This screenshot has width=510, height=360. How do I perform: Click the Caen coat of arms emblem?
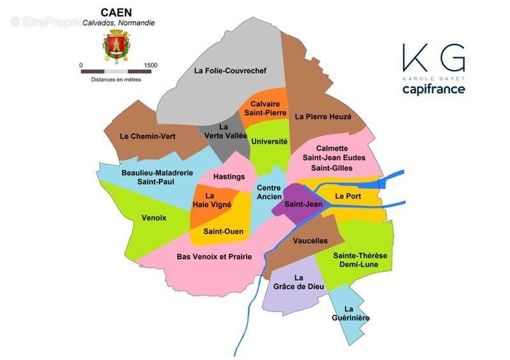pos(116,45)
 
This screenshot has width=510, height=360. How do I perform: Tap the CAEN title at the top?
pos(117,12)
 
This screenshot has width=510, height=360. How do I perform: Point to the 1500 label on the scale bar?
pos(150,65)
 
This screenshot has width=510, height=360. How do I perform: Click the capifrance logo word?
pos(433,89)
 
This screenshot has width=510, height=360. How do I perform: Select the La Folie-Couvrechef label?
pos(230,71)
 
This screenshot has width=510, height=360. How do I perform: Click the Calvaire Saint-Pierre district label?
pos(265,108)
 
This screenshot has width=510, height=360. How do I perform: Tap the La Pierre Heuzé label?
pos(323,117)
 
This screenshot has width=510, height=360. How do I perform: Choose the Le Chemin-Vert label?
pos(147,136)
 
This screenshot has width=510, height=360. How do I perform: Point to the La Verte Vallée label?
pos(225,131)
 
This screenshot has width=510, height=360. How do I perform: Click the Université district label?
pos(270,141)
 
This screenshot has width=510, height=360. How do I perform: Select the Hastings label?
pos(229,176)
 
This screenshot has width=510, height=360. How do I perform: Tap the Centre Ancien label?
pos(268,192)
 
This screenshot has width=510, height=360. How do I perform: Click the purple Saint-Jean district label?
pos(302,205)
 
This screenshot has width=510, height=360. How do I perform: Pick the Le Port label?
pos(348,196)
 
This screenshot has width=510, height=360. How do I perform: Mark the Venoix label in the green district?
pos(154,218)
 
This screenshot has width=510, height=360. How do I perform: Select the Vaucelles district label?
pos(310,241)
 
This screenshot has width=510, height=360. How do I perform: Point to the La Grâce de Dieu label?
pos(298,282)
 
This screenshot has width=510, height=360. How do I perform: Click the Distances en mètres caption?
pos(116,80)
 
